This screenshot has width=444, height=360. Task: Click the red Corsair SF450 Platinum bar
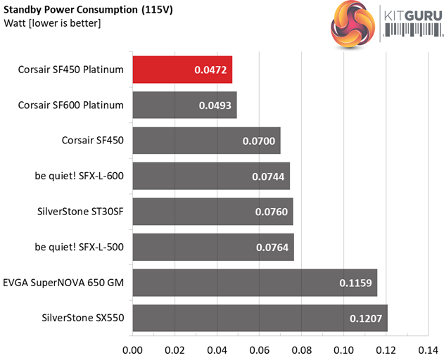point(182,70)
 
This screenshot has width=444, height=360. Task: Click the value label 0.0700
point(257,141)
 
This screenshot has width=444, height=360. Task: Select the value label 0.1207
point(364,318)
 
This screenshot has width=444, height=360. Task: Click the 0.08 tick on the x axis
point(302,349)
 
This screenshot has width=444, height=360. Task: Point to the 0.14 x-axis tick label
point(428,349)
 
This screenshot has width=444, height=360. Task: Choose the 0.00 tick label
point(132,349)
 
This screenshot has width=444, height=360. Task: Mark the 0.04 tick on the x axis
point(217,349)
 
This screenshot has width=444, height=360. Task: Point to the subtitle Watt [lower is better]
point(53,24)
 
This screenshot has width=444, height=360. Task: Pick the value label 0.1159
point(355,282)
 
